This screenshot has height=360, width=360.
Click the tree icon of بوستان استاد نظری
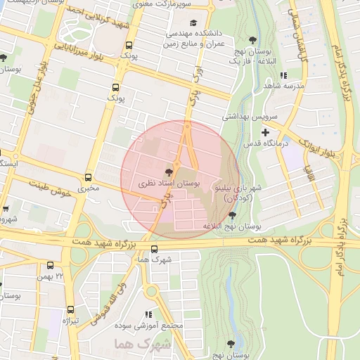(x=169, y=169)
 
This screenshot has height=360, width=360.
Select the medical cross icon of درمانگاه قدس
(x=264, y=132)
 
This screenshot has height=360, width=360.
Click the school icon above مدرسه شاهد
(x=283, y=75)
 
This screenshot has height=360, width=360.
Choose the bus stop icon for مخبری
(x=88, y=177)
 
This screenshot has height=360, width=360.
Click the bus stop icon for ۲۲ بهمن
(x=50, y=265)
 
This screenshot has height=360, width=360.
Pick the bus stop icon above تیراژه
(x=70, y=309)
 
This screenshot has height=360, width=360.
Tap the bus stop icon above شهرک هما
(x=154, y=248)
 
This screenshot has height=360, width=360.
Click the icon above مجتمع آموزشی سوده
(x=149, y=314)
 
